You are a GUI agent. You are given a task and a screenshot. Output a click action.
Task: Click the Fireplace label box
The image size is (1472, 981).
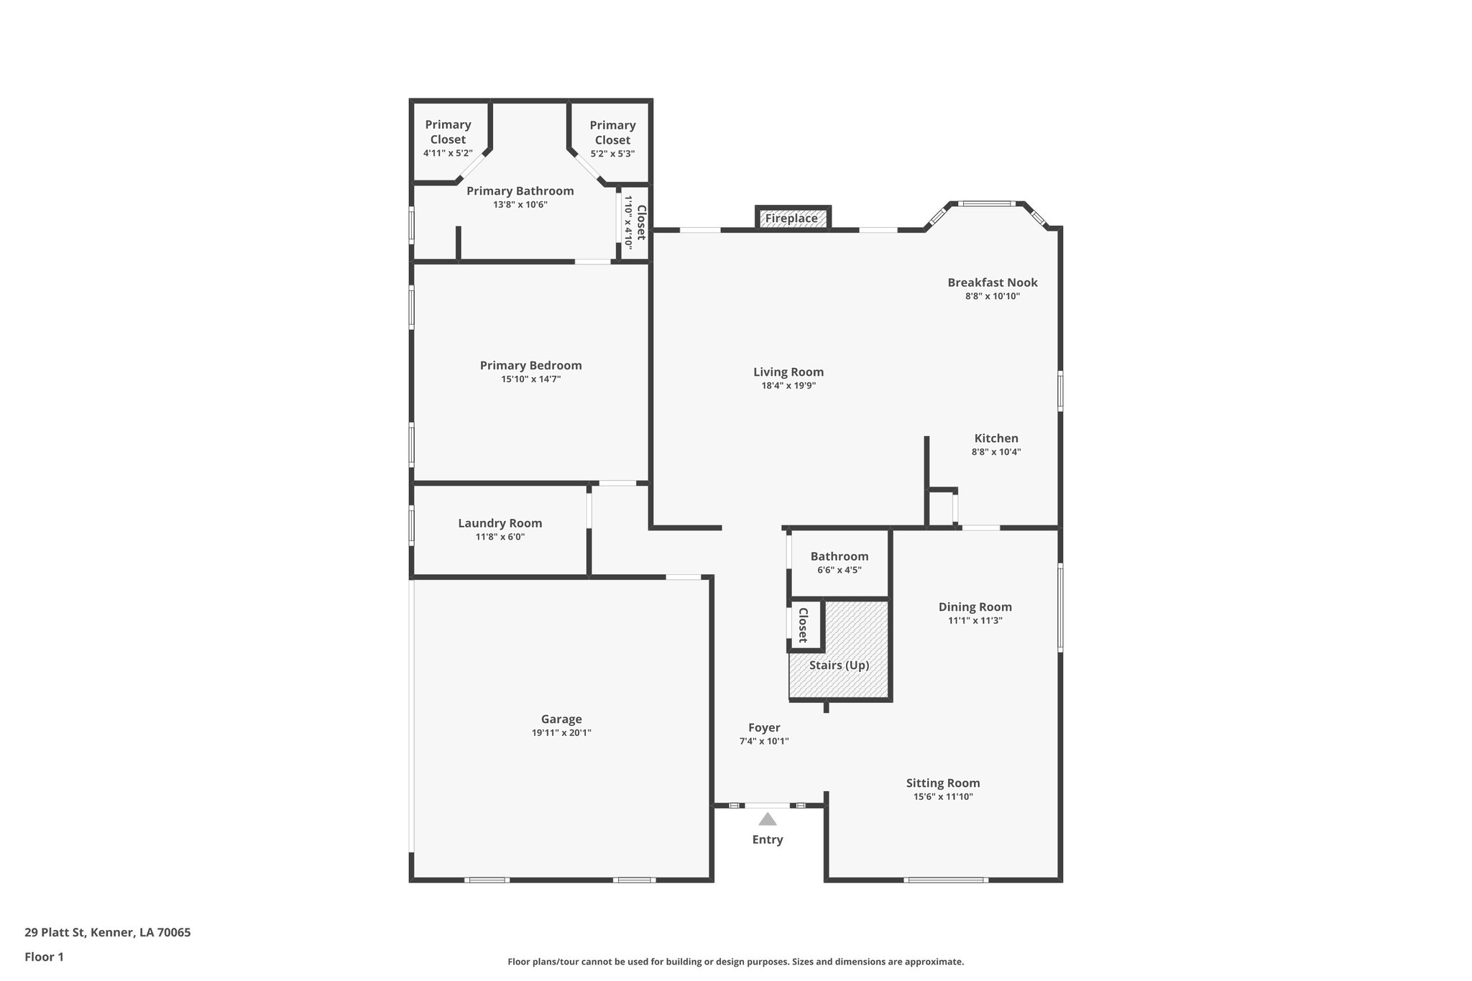[x=792, y=218]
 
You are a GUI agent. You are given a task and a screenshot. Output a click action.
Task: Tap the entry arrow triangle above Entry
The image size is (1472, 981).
[x=768, y=819]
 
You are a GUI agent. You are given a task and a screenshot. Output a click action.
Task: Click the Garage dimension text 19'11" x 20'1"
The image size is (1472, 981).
[x=561, y=733]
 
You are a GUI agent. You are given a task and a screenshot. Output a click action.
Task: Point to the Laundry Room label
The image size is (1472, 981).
[x=500, y=523]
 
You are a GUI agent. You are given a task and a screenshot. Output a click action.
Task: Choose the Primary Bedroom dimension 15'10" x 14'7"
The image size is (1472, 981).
[x=531, y=379]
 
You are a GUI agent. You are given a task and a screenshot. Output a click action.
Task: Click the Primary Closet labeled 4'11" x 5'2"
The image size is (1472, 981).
[x=448, y=139]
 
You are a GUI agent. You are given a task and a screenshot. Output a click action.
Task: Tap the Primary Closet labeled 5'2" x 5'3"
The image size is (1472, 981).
[x=612, y=139]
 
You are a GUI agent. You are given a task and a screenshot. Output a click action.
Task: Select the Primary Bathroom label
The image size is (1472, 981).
[x=520, y=191]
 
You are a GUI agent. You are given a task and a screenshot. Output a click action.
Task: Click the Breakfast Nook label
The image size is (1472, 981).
[x=992, y=282]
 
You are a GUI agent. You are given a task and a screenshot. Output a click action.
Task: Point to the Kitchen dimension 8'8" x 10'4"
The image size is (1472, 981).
[x=996, y=452]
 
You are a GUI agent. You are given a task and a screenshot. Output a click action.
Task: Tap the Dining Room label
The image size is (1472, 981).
[x=975, y=607]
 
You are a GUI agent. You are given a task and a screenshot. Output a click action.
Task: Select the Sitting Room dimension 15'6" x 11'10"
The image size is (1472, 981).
[x=943, y=796]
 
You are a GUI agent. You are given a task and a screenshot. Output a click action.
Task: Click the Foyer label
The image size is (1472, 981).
[x=764, y=727]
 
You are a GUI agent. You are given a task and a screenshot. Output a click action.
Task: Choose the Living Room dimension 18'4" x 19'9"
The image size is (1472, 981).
[x=788, y=386]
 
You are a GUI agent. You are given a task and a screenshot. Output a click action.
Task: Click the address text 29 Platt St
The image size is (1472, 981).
[x=107, y=933]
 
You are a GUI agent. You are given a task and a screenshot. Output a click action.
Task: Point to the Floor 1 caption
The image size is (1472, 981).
[x=44, y=957]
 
